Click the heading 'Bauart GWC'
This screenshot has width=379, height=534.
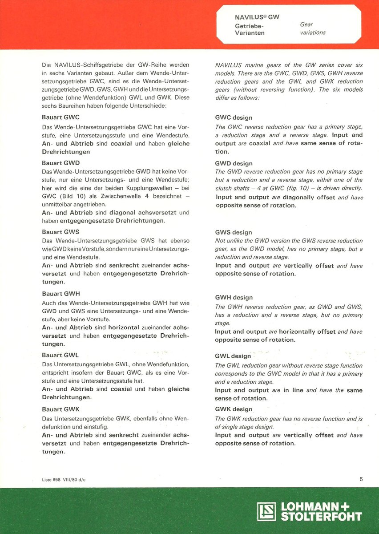(61, 117)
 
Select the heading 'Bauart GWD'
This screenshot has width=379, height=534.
(61, 163)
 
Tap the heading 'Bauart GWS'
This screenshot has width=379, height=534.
(60, 232)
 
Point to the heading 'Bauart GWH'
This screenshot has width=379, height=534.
(61, 294)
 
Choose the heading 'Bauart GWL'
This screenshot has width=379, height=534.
(60, 355)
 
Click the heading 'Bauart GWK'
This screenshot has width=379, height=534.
(60, 409)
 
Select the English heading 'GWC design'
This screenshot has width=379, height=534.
(234, 118)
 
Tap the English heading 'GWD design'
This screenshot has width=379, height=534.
(234, 163)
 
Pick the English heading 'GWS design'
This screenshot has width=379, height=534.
(234, 232)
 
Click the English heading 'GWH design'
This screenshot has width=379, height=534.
(234, 297)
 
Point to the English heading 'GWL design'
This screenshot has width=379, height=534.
(233, 356)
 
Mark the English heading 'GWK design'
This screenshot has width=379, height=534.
(234, 409)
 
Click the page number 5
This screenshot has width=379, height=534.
(361, 479)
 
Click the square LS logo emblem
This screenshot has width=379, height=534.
(266, 511)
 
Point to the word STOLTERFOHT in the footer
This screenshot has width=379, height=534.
(321, 517)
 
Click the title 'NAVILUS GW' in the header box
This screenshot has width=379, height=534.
(257, 17)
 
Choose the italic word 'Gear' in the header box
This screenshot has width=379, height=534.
(306, 25)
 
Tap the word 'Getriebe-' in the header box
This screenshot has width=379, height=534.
(249, 25)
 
